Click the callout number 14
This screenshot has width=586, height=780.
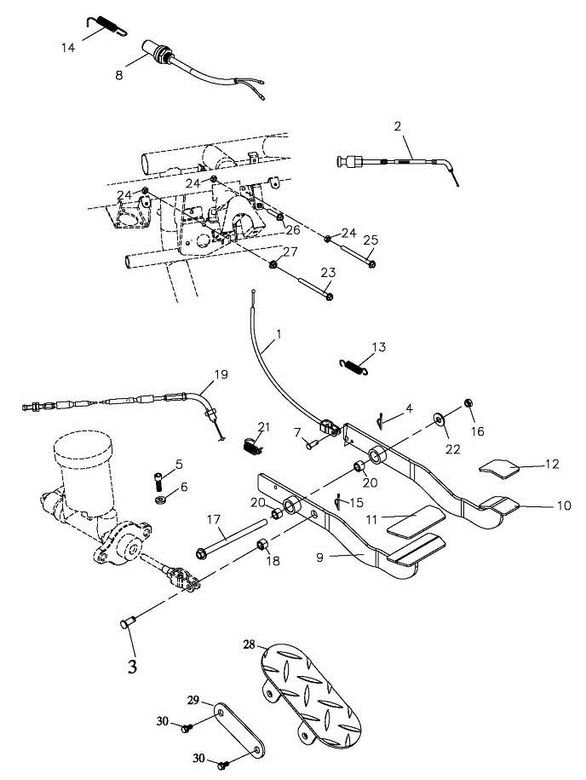click(68, 47)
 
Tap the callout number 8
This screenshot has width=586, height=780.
click(118, 74)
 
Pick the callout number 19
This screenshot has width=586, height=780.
click(221, 373)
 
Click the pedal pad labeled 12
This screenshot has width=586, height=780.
click(498, 465)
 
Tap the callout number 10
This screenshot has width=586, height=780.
click(563, 506)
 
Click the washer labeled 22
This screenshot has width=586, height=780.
click(439, 419)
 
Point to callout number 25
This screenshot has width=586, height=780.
click(370, 242)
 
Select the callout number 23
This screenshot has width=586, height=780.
click(328, 273)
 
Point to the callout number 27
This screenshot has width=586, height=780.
click(290, 251)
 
